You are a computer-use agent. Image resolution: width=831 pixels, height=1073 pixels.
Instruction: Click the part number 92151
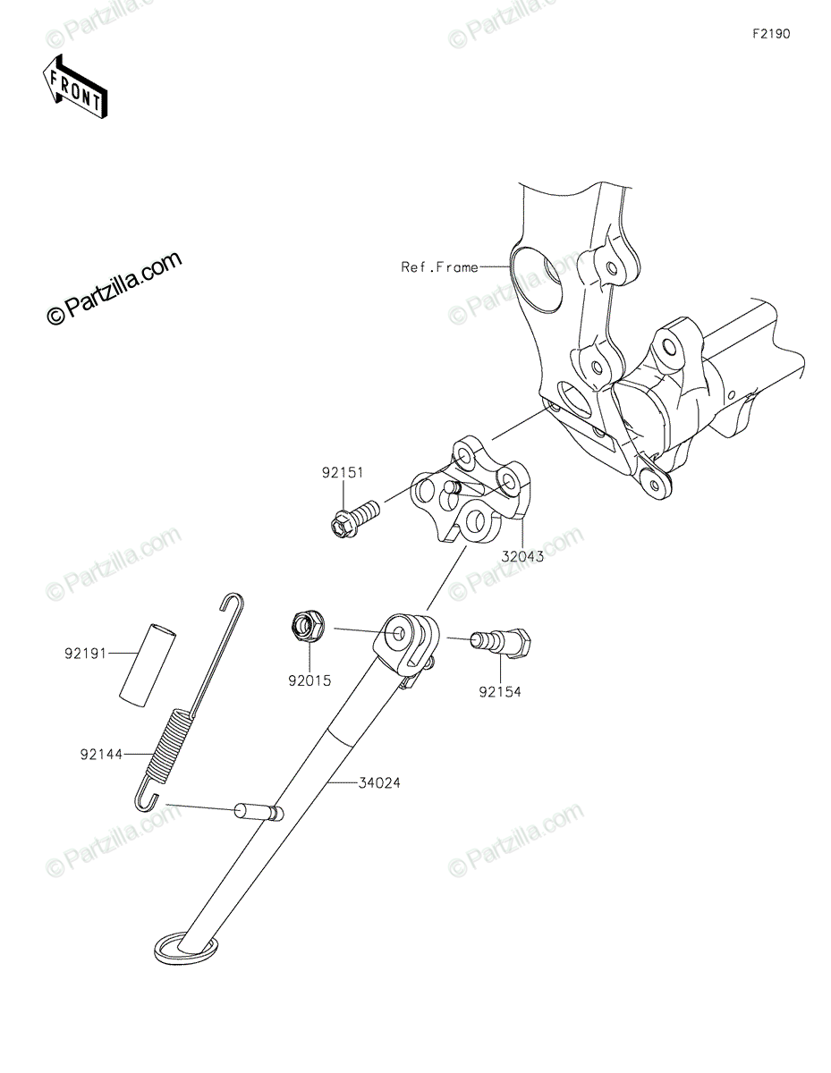point(343,472)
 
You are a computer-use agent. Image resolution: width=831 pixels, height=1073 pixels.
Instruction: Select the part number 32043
point(522,556)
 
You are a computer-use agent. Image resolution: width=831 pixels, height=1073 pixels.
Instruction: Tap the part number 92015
point(310,680)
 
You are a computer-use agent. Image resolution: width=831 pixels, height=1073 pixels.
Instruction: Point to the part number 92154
point(500,692)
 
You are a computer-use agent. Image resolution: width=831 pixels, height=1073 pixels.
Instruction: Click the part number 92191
point(85,654)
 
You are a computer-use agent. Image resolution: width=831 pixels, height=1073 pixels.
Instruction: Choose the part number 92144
point(101,754)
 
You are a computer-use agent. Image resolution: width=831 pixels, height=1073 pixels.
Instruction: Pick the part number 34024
point(379,782)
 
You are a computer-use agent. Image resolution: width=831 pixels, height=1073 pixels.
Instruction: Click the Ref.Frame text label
point(439,267)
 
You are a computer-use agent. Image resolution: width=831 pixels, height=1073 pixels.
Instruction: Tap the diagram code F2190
point(771,34)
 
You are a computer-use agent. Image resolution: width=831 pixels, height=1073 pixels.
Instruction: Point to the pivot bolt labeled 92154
point(501,642)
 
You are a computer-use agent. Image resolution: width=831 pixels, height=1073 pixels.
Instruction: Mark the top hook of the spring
point(231,602)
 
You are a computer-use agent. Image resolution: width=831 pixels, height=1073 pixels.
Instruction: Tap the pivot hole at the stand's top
point(399,632)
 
